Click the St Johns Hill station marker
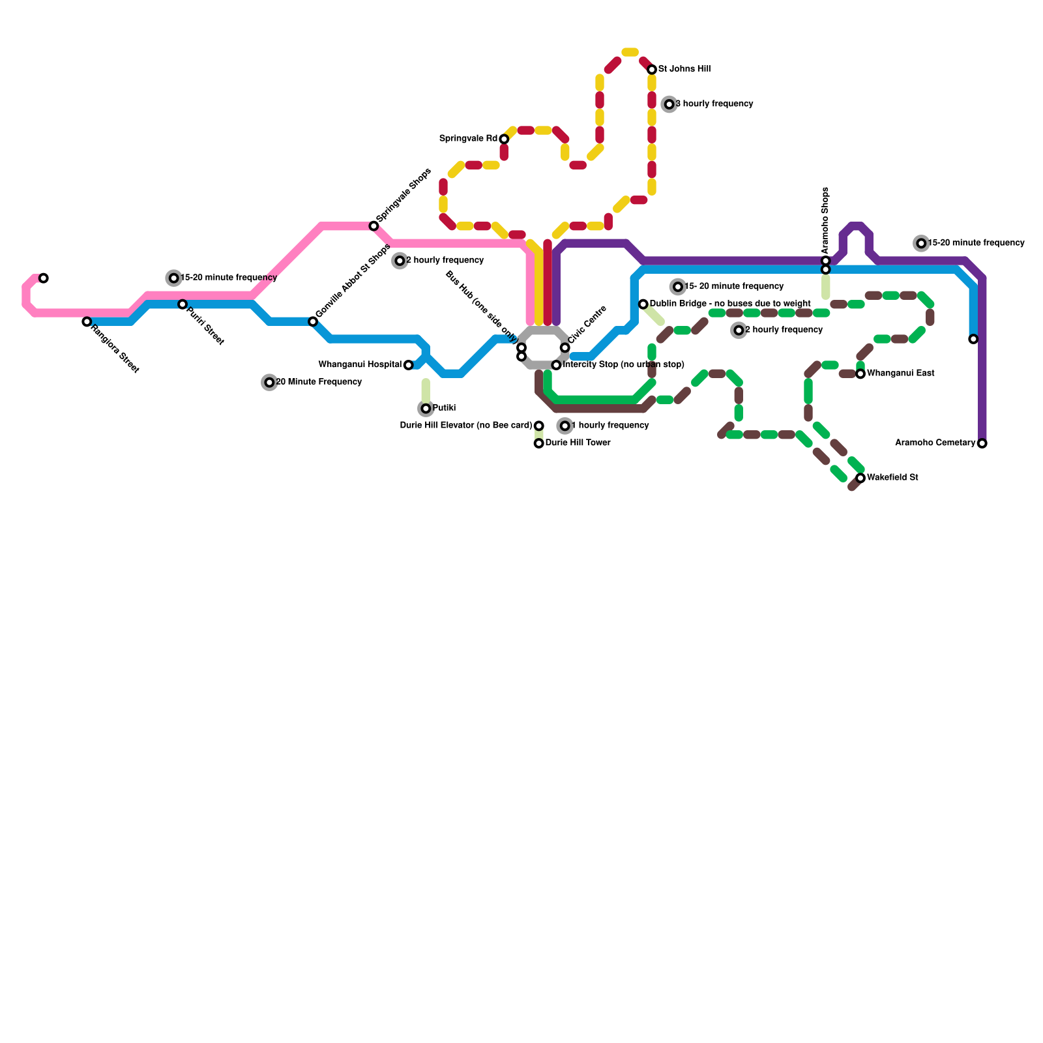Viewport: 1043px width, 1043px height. point(652,70)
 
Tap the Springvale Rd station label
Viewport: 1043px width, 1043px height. point(468,139)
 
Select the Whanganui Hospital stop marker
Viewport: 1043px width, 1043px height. point(408,365)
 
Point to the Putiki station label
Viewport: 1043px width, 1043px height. point(444,408)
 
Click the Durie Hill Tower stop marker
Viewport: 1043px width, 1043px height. point(538,443)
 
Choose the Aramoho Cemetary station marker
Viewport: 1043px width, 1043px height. point(982,443)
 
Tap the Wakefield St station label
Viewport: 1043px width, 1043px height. point(892,478)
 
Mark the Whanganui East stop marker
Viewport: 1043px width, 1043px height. point(860,374)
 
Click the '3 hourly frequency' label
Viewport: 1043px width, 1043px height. point(714,104)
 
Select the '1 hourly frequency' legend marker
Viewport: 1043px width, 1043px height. point(565,426)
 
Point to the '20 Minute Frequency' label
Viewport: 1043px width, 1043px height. point(319,382)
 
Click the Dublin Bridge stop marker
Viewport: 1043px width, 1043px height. point(643,304)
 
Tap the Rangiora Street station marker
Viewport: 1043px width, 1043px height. point(87,321)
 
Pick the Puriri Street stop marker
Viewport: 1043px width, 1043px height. point(183,304)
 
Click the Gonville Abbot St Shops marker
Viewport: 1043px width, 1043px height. point(313,321)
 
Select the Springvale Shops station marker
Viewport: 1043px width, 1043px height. point(374,226)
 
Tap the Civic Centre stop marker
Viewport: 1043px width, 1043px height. point(565,347)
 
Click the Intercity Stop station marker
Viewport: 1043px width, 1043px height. point(556,365)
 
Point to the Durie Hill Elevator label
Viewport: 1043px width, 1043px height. point(466,426)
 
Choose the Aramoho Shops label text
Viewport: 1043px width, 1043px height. point(825,220)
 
